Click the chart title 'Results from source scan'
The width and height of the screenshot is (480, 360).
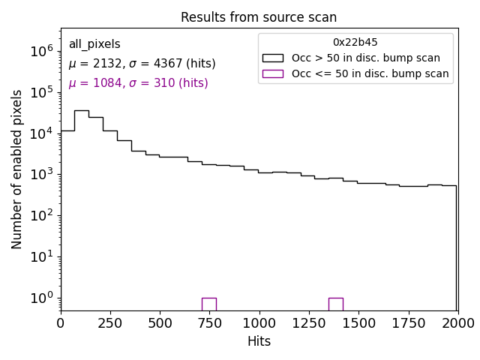click(259, 17)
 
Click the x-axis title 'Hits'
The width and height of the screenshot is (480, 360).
click(259, 341)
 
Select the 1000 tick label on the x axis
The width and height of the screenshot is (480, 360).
click(259, 322)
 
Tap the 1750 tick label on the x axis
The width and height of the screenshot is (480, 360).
click(408, 322)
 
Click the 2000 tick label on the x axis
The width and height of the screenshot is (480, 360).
click(457, 322)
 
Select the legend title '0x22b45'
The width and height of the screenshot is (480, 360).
click(355, 43)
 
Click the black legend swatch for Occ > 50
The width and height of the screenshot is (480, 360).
click(272, 58)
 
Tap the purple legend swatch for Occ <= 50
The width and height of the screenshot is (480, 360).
click(272, 73)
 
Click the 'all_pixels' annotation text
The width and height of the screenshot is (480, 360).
click(94, 44)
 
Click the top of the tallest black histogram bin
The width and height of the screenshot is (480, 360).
click(82, 111)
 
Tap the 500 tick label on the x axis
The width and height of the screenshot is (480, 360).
click(160, 322)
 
